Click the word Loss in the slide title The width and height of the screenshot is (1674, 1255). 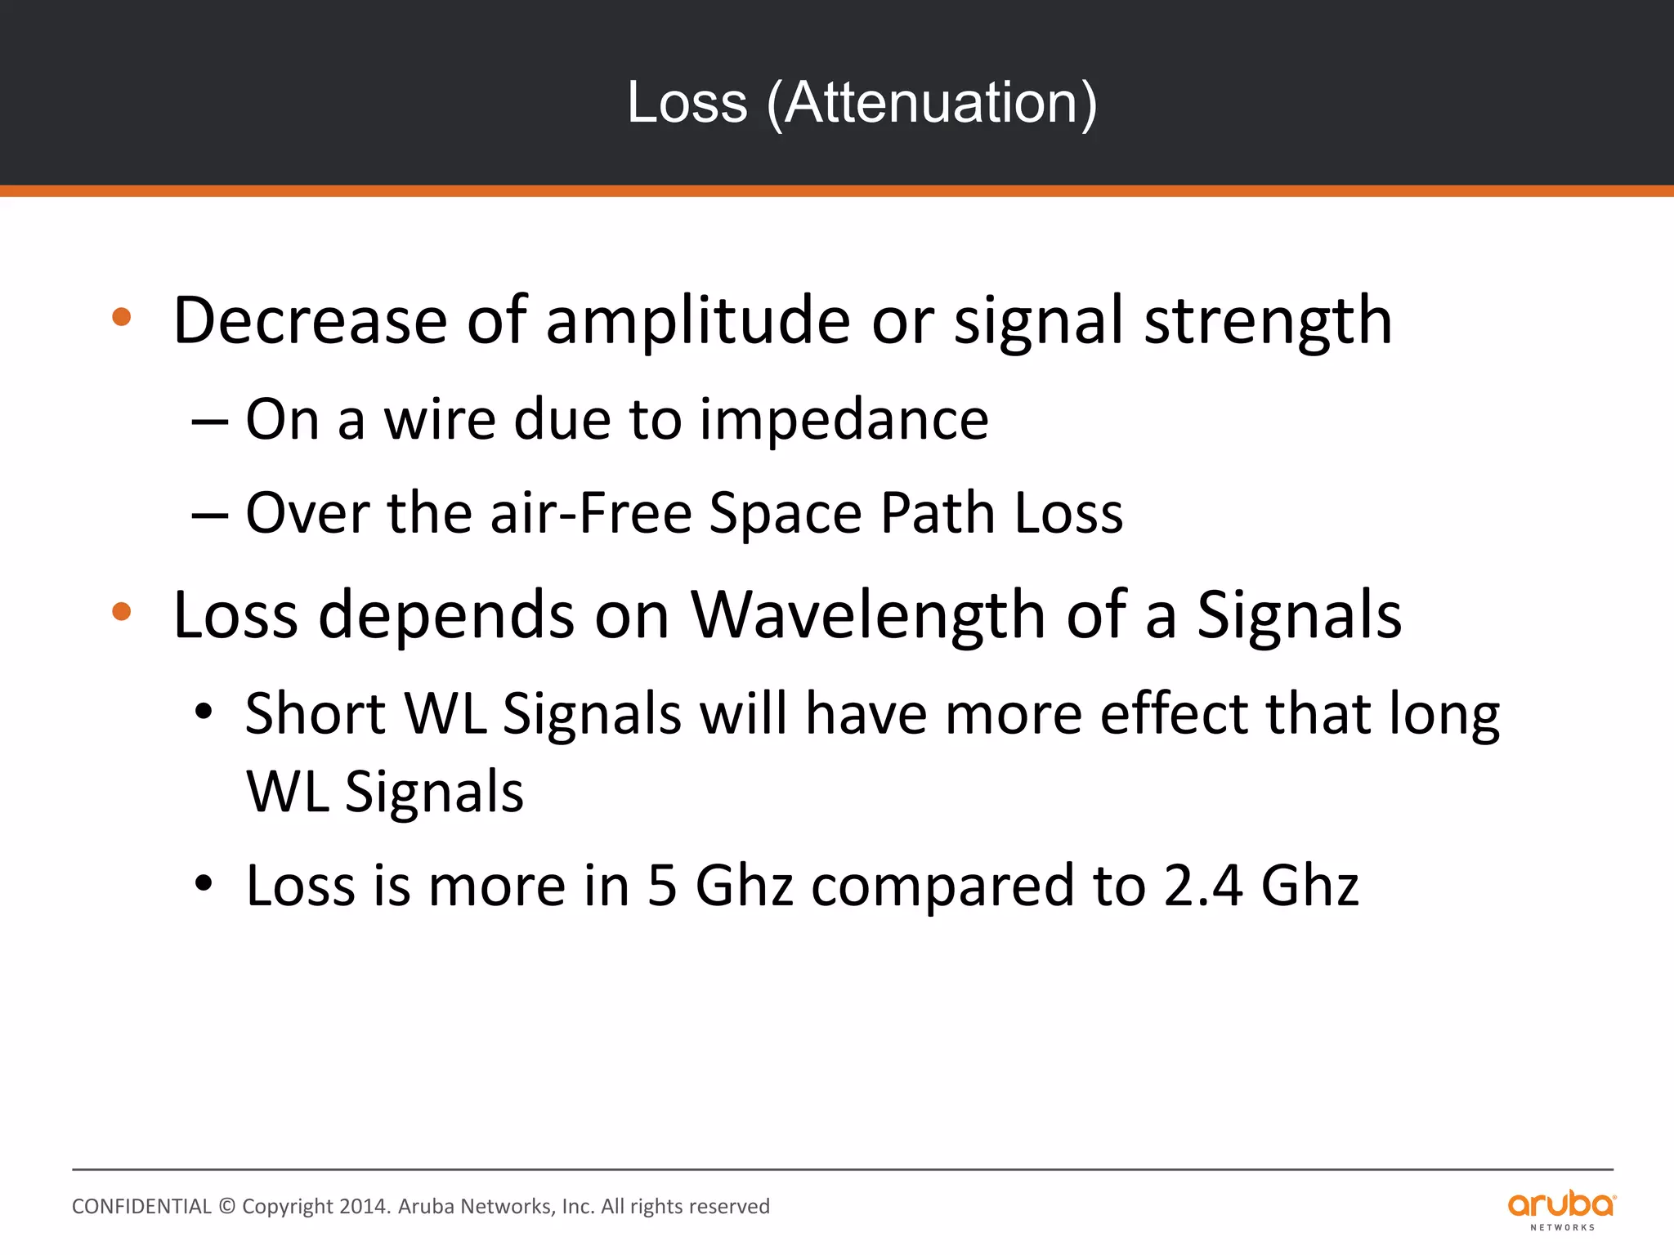[687, 104]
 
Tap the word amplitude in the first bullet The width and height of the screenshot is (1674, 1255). [698, 321]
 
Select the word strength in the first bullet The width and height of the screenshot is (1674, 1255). [1268, 321]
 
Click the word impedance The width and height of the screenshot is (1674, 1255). [844, 420]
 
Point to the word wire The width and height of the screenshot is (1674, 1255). [440, 420]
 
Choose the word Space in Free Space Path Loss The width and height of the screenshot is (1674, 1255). [786, 514]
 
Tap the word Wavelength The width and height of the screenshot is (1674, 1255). [869, 614]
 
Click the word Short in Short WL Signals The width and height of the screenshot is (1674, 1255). [316, 714]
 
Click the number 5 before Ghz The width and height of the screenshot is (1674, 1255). [662, 886]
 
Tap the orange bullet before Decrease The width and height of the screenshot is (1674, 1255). [122, 317]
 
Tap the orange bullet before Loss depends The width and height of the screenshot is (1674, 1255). [122, 611]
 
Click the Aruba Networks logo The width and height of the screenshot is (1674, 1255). [1561, 1210]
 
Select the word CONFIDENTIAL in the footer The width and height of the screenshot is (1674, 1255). [141, 1207]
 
